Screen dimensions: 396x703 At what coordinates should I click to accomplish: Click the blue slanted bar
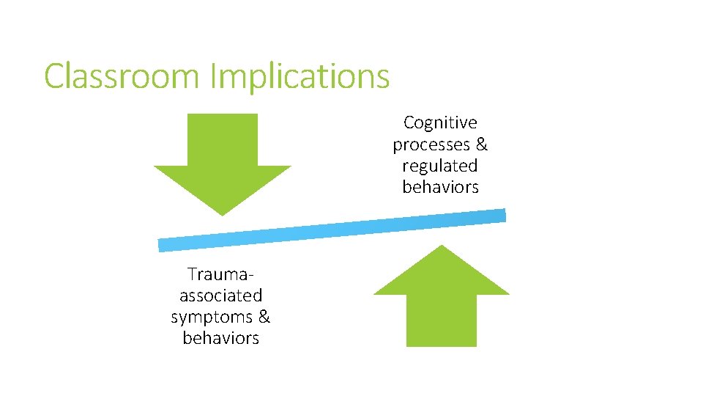coord(332,230)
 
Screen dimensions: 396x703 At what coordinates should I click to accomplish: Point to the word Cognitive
coord(440,122)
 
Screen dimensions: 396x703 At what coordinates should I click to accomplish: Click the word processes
coord(430,144)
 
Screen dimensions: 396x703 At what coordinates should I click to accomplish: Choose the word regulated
coord(440,166)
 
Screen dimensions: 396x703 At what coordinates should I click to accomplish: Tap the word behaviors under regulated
coord(440,187)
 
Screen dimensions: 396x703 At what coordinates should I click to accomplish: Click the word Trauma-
coord(221,274)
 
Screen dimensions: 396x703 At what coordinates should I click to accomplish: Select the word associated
coord(221,296)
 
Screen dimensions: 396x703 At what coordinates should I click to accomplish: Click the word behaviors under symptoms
coord(221,338)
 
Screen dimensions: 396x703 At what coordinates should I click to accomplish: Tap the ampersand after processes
coord(481,144)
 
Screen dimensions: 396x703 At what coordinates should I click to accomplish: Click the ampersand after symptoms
coord(264,317)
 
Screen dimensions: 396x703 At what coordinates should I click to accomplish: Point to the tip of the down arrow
coord(223,213)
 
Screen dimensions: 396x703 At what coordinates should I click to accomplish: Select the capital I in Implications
coord(214,76)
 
